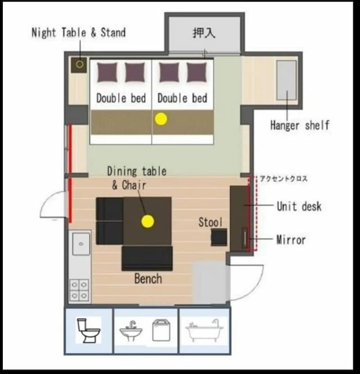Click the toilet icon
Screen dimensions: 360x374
pos(88,331)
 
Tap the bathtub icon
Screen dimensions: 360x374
pos(204,330)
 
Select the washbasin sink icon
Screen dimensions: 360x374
pos(131,331)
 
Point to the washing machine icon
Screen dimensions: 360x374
pos(161,331)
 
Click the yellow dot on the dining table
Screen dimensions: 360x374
pos(147,221)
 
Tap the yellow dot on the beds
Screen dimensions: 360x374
pos(161,119)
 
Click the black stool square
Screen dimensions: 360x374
pos(219,237)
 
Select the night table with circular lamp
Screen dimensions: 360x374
pos(79,65)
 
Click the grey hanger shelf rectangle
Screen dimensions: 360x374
pos(286,80)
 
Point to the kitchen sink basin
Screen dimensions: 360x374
pos(81,244)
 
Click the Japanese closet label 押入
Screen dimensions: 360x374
pos(204,33)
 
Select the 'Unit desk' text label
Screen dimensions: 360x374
pos(299,206)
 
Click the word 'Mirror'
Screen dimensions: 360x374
pos(291,240)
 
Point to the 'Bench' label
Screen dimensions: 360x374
pos(148,279)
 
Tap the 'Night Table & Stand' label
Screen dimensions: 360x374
pos(79,33)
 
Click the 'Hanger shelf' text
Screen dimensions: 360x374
pos(300,125)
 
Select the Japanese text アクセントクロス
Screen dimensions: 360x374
pos(283,179)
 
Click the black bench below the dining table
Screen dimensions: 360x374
pos(147,259)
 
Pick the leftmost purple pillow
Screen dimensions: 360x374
pos(107,72)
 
